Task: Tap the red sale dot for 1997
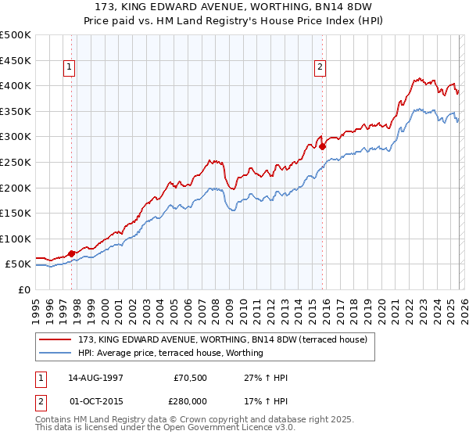[72, 253]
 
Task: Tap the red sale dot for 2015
[321, 146]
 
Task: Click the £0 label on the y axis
[23, 289]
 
